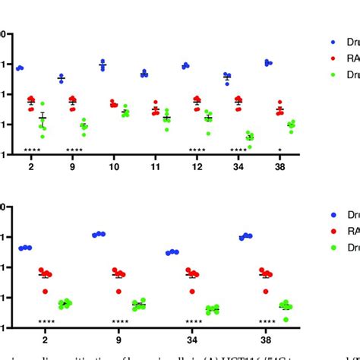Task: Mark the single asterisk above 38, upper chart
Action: [279, 150]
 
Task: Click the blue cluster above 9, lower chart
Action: [99, 235]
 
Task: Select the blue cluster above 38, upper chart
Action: [268, 63]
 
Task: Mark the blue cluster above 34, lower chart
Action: [172, 252]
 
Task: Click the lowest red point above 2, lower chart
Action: [45, 291]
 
